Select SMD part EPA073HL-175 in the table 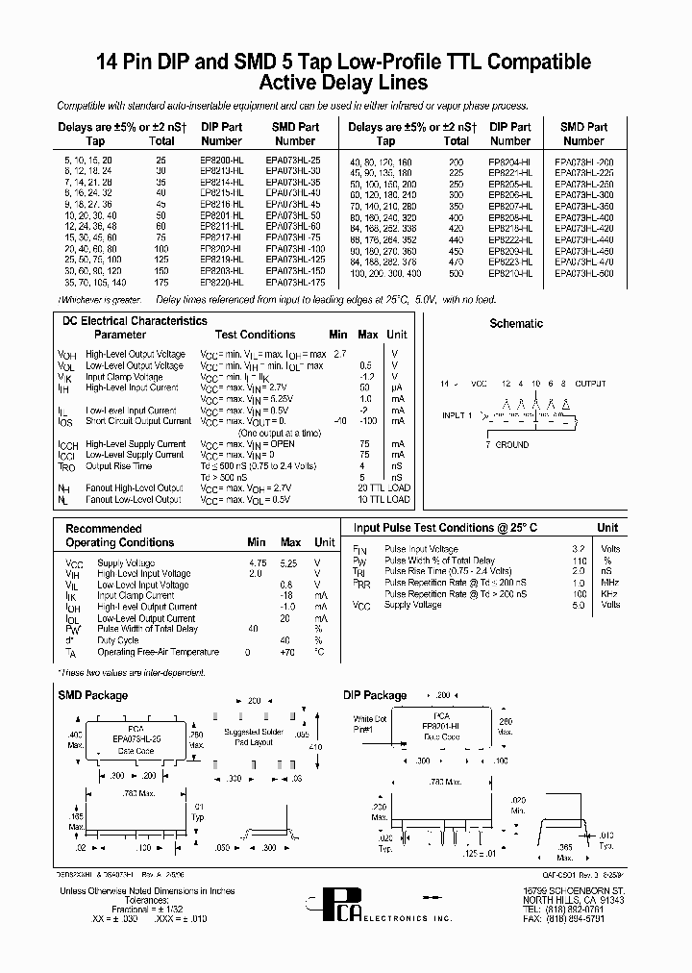click(x=295, y=284)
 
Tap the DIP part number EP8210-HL click(x=509, y=273)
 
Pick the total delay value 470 click(x=456, y=262)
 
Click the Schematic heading click(x=516, y=324)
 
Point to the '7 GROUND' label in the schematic click(x=507, y=445)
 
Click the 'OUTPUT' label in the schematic click(x=590, y=383)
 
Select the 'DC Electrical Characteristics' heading click(x=135, y=321)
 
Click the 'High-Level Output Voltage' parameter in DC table click(x=136, y=354)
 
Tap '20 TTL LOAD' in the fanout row click(x=383, y=488)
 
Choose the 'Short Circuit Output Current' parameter click(x=138, y=421)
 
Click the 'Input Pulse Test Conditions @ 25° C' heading click(x=445, y=528)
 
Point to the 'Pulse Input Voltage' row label click(x=421, y=549)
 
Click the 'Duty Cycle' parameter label click(x=118, y=640)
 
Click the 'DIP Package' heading click(x=375, y=694)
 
